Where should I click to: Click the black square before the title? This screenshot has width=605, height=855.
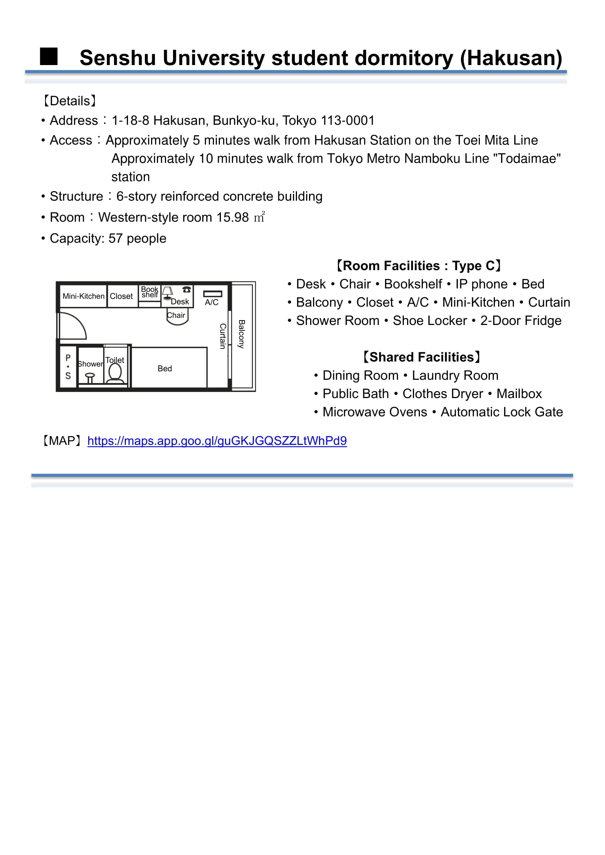point(49,57)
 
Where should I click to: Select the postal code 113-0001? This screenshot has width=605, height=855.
point(347,121)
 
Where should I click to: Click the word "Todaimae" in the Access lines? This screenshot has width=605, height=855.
point(527,159)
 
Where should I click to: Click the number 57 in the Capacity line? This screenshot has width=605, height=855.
point(115,239)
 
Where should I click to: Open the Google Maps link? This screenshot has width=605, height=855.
point(217,441)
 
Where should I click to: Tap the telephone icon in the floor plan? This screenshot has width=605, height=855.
point(187,290)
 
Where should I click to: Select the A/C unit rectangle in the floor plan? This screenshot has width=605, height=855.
point(213,294)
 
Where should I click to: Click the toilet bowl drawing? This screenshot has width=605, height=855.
point(115,373)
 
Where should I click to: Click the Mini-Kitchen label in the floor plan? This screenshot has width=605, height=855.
point(83,296)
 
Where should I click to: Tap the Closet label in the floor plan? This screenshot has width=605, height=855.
point(121,296)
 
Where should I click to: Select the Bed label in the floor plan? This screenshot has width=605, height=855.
point(165,369)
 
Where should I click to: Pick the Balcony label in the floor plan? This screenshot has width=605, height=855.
point(241,334)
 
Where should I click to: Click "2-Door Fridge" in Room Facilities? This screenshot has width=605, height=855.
point(521,321)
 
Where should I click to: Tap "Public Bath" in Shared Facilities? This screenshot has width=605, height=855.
point(356,394)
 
